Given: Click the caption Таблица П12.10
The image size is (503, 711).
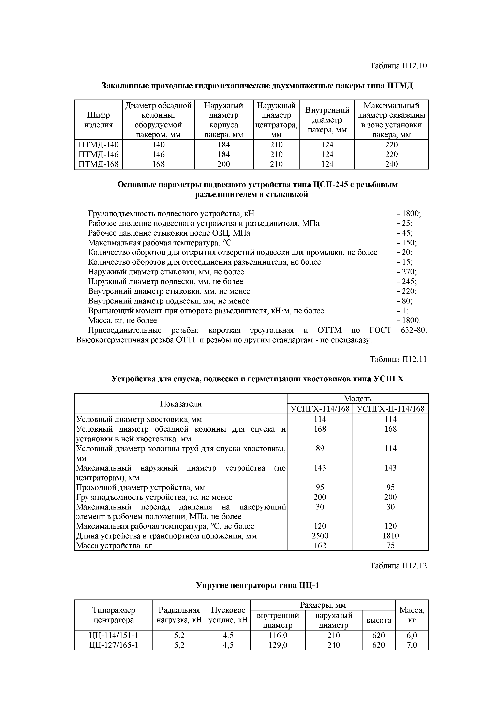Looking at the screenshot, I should [x=398, y=66].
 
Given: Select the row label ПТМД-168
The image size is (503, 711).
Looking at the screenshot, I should [x=99, y=164].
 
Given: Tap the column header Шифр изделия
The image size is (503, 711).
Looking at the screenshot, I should [x=99, y=120].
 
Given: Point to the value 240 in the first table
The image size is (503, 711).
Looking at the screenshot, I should [x=391, y=164].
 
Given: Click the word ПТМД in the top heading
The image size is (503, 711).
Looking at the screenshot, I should [x=400, y=86].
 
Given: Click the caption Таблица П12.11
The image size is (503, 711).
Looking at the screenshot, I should [x=398, y=359].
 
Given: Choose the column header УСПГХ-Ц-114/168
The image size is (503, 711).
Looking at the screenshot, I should [x=390, y=409].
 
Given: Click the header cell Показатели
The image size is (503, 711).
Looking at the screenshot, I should [x=181, y=404].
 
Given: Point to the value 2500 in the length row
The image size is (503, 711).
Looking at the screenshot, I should [x=320, y=536].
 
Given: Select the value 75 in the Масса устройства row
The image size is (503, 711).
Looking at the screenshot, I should [x=390, y=545].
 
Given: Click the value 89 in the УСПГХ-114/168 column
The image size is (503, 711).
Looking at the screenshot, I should [x=320, y=448].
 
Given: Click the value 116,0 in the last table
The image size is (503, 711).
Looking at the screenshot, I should [x=278, y=635].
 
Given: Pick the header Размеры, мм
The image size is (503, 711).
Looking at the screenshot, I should [x=323, y=605].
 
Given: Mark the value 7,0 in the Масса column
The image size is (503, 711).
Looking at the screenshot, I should [x=412, y=645].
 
